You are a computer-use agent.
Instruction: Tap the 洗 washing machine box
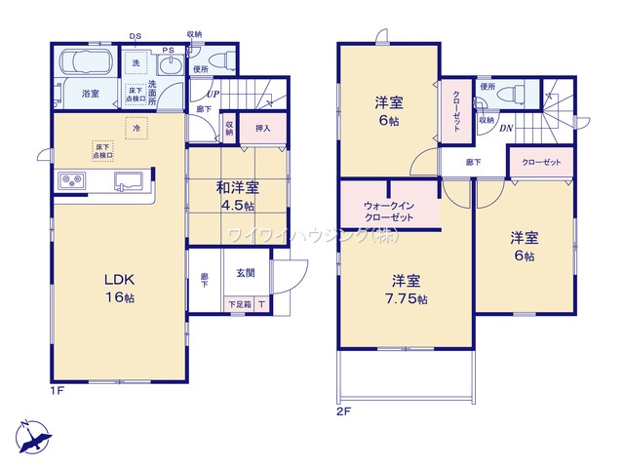[136, 63]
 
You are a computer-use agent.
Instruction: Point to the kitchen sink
[129, 179]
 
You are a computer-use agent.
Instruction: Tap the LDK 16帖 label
[119, 288]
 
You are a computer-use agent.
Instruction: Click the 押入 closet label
[262, 128]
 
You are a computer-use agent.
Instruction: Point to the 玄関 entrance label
[245, 274]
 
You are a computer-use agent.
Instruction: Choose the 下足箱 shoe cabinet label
[239, 305]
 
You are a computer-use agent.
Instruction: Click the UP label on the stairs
[213, 95]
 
